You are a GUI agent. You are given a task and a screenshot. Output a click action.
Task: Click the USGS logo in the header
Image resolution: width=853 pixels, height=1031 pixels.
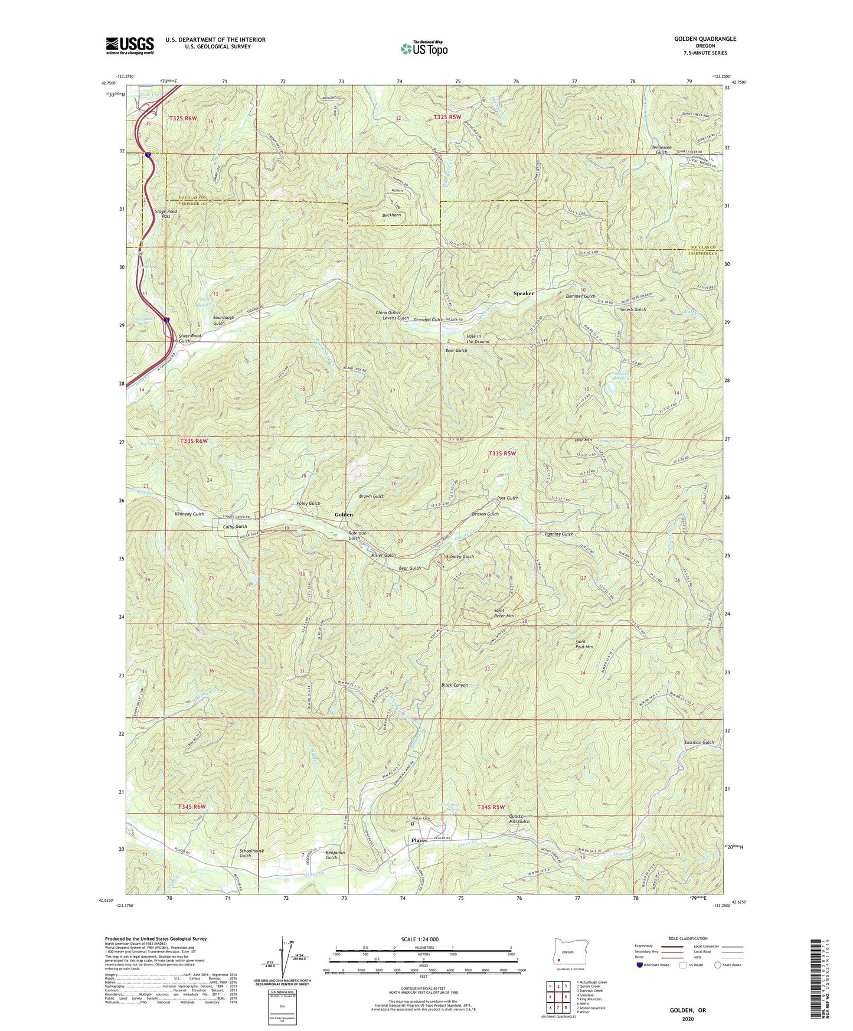(130, 45)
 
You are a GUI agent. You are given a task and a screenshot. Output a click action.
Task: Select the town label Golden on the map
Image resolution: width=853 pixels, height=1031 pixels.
(344, 515)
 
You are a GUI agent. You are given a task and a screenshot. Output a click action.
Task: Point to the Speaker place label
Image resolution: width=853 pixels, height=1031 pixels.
(523, 293)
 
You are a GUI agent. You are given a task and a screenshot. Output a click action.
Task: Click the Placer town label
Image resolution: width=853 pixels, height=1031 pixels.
(419, 840)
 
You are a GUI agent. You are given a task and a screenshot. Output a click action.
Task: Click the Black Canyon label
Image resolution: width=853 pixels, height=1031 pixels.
(455, 685)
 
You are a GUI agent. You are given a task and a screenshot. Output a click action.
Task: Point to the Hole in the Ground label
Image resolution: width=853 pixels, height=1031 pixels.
(478, 338)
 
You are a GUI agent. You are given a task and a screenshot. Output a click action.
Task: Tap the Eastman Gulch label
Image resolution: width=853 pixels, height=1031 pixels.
(699, 742)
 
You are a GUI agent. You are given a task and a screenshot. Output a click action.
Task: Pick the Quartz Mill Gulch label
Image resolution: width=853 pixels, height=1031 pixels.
(519, 819)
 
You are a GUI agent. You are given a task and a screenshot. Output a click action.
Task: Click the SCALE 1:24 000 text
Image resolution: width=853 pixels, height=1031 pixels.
(419, 939)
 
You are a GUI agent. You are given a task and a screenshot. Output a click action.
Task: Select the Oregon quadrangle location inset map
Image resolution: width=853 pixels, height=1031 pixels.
(567, 953)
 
